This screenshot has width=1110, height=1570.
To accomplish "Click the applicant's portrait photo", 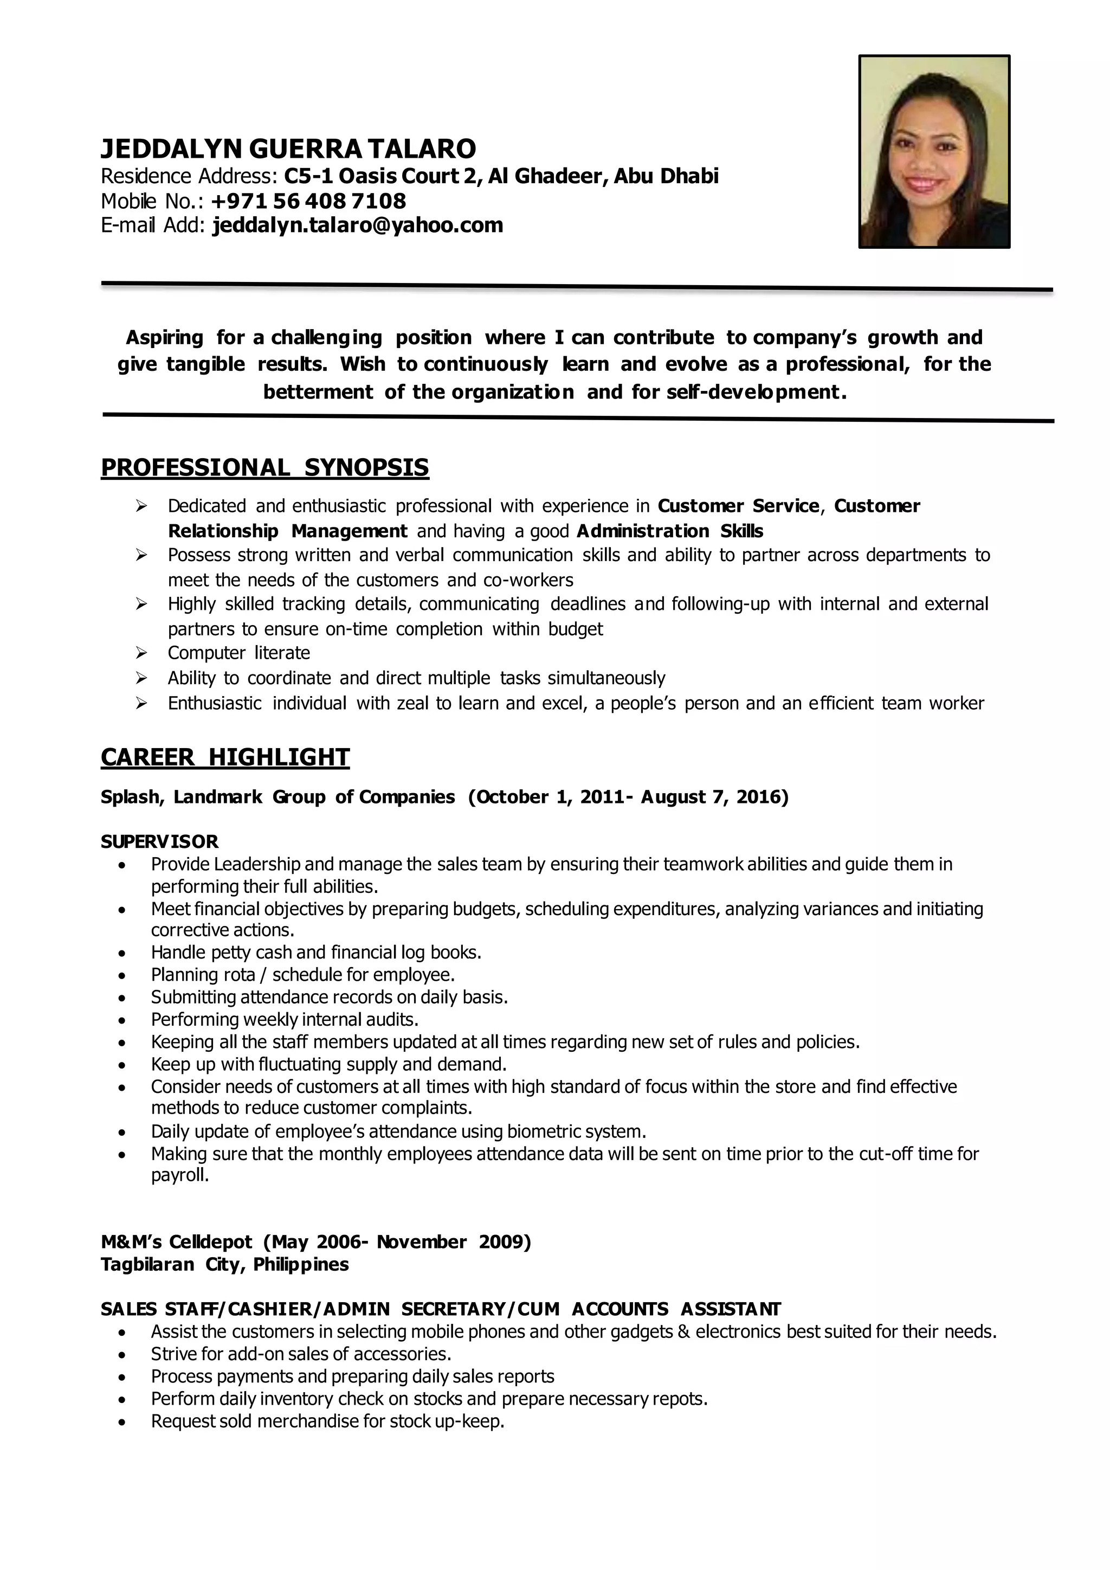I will coord(934,151).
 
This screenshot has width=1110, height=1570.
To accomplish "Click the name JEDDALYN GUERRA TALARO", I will coord(288,149).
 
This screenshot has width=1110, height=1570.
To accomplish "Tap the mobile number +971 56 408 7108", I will coord(308,201).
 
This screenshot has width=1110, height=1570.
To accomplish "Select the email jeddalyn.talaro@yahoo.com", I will coord(358,225).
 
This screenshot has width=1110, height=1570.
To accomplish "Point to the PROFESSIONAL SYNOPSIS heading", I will coord(264,468).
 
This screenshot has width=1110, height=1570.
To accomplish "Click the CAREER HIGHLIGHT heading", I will coord(225,757).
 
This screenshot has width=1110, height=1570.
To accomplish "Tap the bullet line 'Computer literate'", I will coord(238,653).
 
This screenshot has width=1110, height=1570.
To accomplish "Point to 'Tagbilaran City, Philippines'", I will coord(224,1264).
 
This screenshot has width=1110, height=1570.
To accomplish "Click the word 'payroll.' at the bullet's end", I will coord(180,1175).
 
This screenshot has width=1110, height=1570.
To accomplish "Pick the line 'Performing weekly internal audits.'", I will coord(285,1020).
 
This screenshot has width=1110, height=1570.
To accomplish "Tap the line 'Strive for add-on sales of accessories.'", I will coord(301,1354).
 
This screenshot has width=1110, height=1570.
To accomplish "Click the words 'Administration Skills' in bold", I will coord(670,531).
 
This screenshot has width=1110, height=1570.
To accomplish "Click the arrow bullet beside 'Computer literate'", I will coord(141,653).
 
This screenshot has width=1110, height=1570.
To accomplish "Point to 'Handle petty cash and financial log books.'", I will coord(316,953).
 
